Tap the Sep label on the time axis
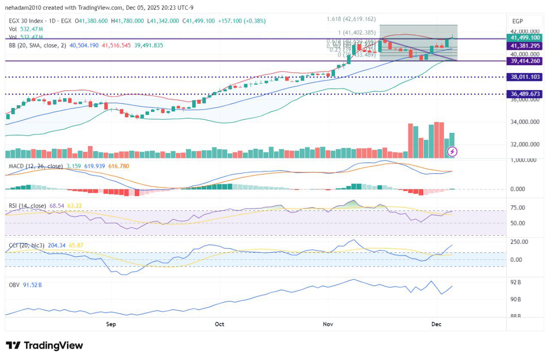(111, 324)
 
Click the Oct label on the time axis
(220, 324)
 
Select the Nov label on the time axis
(328, 324)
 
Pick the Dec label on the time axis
(436, 324)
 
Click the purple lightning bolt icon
(452, 151)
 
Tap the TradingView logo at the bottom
(44, 345)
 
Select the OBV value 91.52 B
(33, 285)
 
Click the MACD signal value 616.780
(119, 166)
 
